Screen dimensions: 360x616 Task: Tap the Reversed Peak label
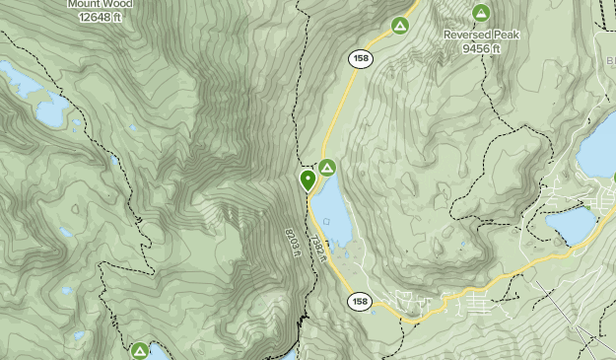coord(481,34)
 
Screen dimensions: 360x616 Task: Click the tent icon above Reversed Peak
coord(481,13)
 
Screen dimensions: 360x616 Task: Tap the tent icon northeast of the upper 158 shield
coord(400,25)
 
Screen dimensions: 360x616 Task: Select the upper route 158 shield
coord(359,59)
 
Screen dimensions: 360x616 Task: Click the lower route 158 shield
coord(359,301)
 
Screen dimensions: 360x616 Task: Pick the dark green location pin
coord(308,180)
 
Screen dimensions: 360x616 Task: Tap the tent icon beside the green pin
coord(326,167)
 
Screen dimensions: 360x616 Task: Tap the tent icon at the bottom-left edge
coord(140,350)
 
